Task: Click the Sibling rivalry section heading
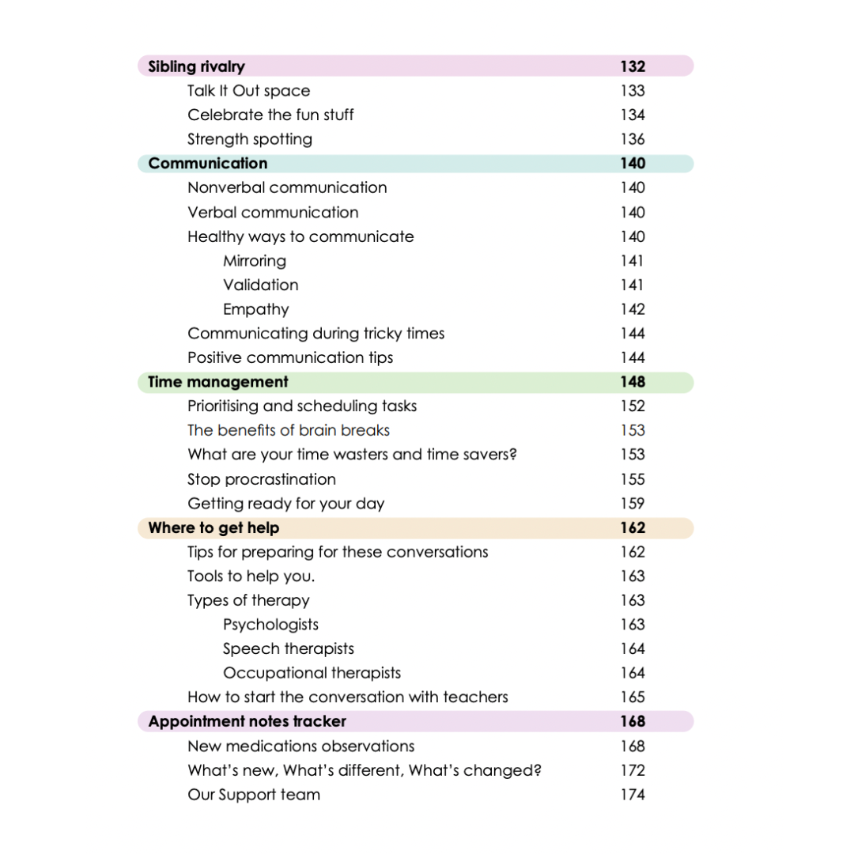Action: tap(196, 66)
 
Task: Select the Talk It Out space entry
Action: tap(248, 91)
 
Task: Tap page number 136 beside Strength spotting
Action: tap(633, 139)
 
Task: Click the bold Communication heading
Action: tap(208, 164)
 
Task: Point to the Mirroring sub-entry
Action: tap(255, 261)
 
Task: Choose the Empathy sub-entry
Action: tap(255, 309)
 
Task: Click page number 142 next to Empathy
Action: tap(633, 309)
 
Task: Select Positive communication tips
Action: tap(290, 357)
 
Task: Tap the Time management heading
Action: tap(218, 382)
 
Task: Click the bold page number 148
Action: tap(633, 382)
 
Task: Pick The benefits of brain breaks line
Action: tap(289, 430)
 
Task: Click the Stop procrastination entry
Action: tap(262, 479)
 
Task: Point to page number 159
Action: tap(633, 504)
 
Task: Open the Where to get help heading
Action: tap(213, 527)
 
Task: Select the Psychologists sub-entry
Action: tap(270, 625)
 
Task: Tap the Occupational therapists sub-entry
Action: tap(312, 673)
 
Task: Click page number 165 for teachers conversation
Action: tap(633, 697)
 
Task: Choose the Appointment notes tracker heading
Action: tap(247, 721)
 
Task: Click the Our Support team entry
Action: tap(254, 795)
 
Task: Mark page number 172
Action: tap(633, 770)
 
